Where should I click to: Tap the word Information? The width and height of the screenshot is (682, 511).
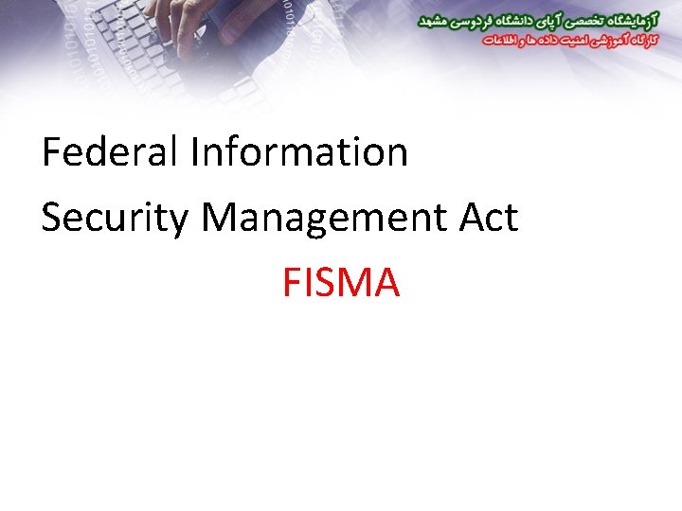point(298,151)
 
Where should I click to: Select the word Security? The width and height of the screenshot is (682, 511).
point(116,218)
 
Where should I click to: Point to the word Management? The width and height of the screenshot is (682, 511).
point(325,218)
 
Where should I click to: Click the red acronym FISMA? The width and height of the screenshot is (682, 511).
point(340,282)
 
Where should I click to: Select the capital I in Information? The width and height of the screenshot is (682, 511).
point(194,151)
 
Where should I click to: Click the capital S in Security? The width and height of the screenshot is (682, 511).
point(51,218)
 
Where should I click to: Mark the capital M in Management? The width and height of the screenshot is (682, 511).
point(218,218)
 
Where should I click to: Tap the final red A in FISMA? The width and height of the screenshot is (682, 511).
point(386,282)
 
